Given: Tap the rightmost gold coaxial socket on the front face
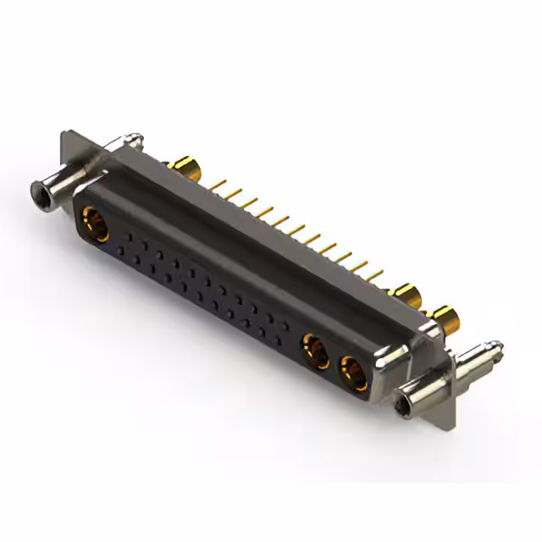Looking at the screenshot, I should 352,372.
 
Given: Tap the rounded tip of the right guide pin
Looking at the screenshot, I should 497,346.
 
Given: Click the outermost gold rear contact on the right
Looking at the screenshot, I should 447,319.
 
